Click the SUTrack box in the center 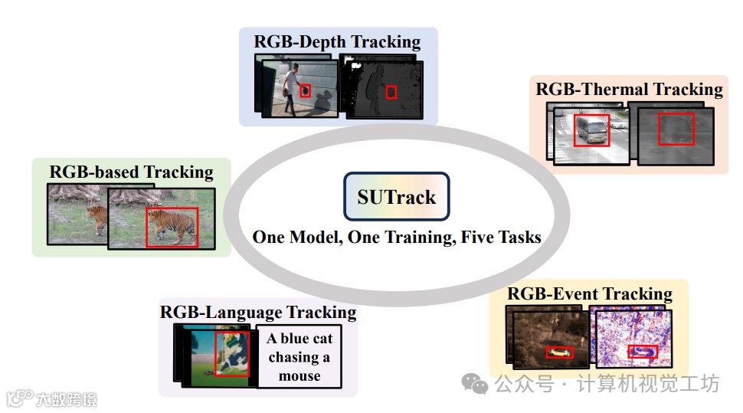point(396,196)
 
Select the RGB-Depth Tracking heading point(337,41)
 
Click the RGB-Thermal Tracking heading point(629,89)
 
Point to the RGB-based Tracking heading point(131,172)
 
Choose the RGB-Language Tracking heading point(258,312)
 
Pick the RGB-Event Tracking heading point(589,293)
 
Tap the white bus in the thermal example point(591,129)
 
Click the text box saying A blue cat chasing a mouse point(299,357)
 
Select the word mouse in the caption point(299,375)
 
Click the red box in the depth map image point(391,92)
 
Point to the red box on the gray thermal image point(676,129)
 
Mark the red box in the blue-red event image point(642,352)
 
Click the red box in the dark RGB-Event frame point(560,352)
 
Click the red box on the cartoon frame point(232,353)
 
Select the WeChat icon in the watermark point(479,384)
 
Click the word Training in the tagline point(416,237)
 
